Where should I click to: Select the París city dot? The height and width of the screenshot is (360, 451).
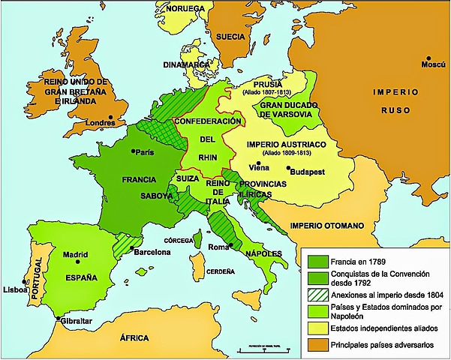click(x=134, y=151)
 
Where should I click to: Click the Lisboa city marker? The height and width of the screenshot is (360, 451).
click(x=26, y=284)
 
